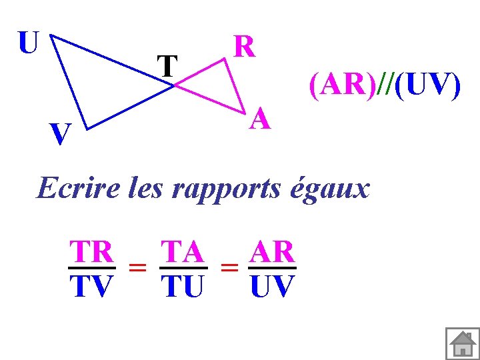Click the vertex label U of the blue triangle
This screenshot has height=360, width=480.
coord(28,43)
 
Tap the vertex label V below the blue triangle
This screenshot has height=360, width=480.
coord(61,136)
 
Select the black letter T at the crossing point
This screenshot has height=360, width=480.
coord(167,66)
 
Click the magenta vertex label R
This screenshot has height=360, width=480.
coord(244,47)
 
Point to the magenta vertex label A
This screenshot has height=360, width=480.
coord(261,120)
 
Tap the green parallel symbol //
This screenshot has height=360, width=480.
coord(385,87)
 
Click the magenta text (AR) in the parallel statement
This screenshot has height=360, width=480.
coord(342,87)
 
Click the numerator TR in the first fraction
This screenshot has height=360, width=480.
coord(92,252)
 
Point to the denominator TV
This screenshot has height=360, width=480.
coord(91,287)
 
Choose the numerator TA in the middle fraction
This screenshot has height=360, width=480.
coord(183,252)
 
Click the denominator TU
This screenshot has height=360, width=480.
coord(183,287)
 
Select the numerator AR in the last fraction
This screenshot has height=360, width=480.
coord(271,252)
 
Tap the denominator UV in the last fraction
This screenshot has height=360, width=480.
coord(271,287)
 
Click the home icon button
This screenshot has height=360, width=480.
coord(461,344)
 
